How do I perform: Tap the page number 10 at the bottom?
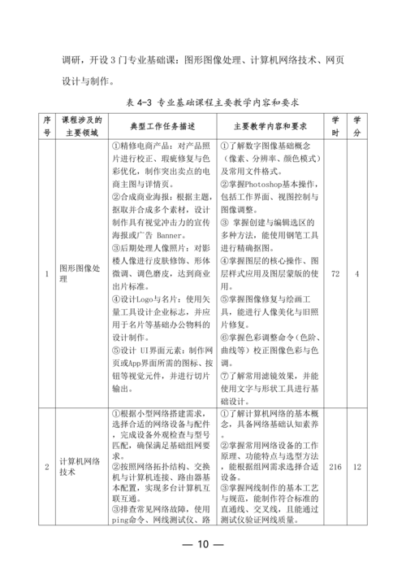pyautogui.click(x=203, y=544)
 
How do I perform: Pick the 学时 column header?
pyautogui.click(x=335, y=126)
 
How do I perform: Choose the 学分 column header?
pyautogui.click(x=357, y=126)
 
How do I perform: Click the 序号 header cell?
pyautogui.click(x=47, y=126)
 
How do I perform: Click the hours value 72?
pyautogui.click(x=335, y=273)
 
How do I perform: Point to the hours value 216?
pyautogui.click(x=335, y=466)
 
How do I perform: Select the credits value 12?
pyautogui.click(x=357, y=466)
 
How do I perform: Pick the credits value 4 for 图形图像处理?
pyautogui.click(x=357, y=273)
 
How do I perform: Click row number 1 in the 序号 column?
pyautogui.click(x=47, y=273)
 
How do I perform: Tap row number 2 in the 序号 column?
pyautogui.click(x=47, y=466)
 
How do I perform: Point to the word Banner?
pyautogui.click(x=173, y=235)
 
